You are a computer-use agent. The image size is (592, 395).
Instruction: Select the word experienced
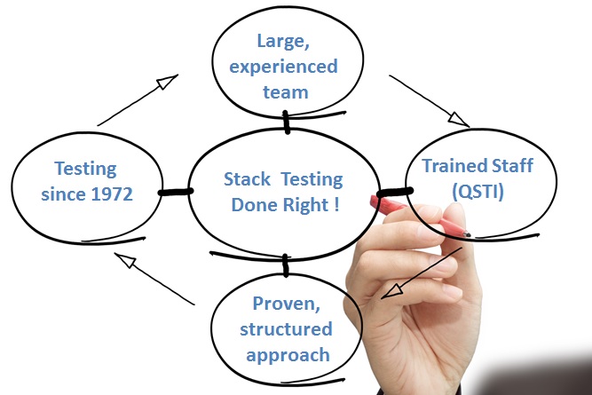(x=283, y=67)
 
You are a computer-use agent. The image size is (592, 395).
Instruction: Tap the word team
(x=286, y=92)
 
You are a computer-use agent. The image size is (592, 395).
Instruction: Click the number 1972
(x=112, y=194)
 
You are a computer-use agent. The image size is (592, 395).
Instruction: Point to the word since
(x=64, y=194)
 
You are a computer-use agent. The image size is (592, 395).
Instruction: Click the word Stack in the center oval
(x=247, y=179)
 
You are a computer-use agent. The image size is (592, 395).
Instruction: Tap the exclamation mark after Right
(x=336, y=205)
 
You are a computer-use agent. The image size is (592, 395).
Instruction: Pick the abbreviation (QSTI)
(x=478, y=192)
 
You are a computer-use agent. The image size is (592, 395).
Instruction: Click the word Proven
(x=286, y=304)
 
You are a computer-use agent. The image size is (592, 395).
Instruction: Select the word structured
(x=286, y=329)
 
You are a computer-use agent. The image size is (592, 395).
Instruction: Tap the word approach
(x=288, y=356)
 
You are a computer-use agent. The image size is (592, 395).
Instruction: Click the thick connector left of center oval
(x=176, y=192)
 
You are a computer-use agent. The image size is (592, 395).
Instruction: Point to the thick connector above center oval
(x=287, y=122)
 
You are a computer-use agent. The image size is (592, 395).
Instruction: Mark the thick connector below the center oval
(x=286, y=265)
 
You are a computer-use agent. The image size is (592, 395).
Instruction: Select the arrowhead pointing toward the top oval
(x=167, y=82)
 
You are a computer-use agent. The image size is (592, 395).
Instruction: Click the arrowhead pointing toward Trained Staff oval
(x=459, y=119)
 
